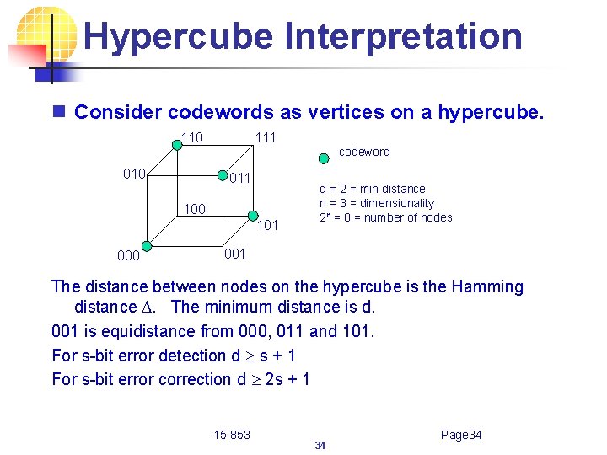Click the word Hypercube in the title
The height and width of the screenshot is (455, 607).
pos(179,36)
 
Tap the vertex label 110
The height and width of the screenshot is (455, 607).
pos(191,137)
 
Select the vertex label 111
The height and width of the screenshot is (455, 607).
pos(265,137)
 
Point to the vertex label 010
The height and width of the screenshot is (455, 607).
pos(135,174)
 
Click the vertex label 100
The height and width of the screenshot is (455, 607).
pos(195,208)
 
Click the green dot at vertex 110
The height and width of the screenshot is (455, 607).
pos(177,145)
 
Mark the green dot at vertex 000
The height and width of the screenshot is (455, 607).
pos(146,247)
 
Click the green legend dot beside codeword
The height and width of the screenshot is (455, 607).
pos(325,157)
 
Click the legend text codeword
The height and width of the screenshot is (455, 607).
pos(364,152)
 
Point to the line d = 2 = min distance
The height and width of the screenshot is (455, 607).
pos(372,189)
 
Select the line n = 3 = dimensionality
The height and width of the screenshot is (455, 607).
pos(376,203)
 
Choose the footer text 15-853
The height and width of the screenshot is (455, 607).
pos(232,435)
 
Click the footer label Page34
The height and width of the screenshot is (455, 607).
pos(461,435)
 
